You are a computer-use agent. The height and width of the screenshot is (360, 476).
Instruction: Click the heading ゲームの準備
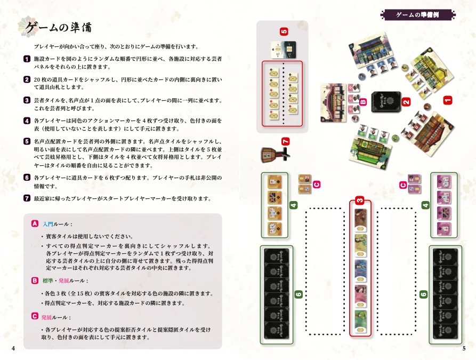(x=58, y=27)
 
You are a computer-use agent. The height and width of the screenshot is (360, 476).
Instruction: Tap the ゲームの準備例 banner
(x=418, y=14)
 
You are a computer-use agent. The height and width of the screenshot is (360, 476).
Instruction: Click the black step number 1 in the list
(x=27, y=59)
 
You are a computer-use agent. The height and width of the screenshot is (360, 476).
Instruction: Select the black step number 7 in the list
(x=27, y=198)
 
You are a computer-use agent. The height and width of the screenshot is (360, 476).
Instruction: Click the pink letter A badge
(x=35, y=223)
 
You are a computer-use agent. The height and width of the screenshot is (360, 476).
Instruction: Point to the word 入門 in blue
(x=48, y=224)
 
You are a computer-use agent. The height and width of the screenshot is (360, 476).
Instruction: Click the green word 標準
(x=48, y=281)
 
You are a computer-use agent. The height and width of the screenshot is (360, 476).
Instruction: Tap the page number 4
(x=13, y=348)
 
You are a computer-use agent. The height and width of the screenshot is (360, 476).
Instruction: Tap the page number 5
(x=464, y=348)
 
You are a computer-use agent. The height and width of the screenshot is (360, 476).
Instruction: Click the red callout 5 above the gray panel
(x=284, y=31)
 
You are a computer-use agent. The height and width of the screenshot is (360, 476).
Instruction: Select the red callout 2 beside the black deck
(x=406, y=102)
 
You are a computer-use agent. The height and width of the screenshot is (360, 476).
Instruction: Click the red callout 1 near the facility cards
(x=447, y=100)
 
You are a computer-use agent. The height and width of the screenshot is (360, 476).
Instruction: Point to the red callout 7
(x=285, y=141)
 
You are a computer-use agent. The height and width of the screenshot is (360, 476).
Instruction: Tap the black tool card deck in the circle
(x=386, y=102)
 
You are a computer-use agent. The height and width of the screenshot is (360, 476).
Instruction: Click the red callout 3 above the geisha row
(x=360, y=201)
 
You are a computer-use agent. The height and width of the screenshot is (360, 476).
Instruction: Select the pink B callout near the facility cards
(x=363, y=102)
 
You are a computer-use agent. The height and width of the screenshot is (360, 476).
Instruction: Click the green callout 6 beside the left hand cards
(x=298, y=294)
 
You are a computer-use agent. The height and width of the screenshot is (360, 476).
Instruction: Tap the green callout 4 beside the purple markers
(x=425, y=205)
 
